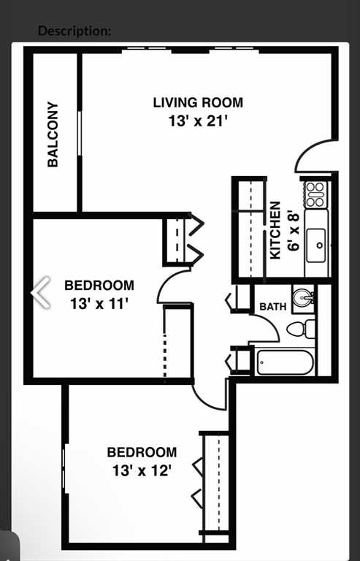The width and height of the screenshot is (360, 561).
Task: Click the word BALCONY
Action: pyautogui.click(x=53, y=134)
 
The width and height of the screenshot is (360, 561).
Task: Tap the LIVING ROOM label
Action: pyautogui.click(x=197, y=102)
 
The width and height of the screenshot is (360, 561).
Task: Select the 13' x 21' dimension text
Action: pyautogui.click(x=197, y=121)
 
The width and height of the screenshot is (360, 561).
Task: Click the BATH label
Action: pyautogui.click(x=273, y=307)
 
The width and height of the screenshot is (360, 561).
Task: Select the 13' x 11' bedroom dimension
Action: pyautogui.click(x=99, y=302)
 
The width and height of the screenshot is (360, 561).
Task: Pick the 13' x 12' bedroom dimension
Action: pyautogui.click(x=142, y=471)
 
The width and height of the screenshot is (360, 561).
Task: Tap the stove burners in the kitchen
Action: pyautogui.click(x=315, y=194)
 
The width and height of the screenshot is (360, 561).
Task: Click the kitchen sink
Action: pyautogui.click(x=317, y=245)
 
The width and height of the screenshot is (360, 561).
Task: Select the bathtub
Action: pyautogui.click(x=285, y=362)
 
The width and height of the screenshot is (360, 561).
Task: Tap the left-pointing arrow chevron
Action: pyautogui.click(x=41, y=293)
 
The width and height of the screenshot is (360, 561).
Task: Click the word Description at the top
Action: pyautogui.click(x=74, y=31)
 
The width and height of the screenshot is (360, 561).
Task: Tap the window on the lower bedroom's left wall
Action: pyautogui.click(x=64, y=467)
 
